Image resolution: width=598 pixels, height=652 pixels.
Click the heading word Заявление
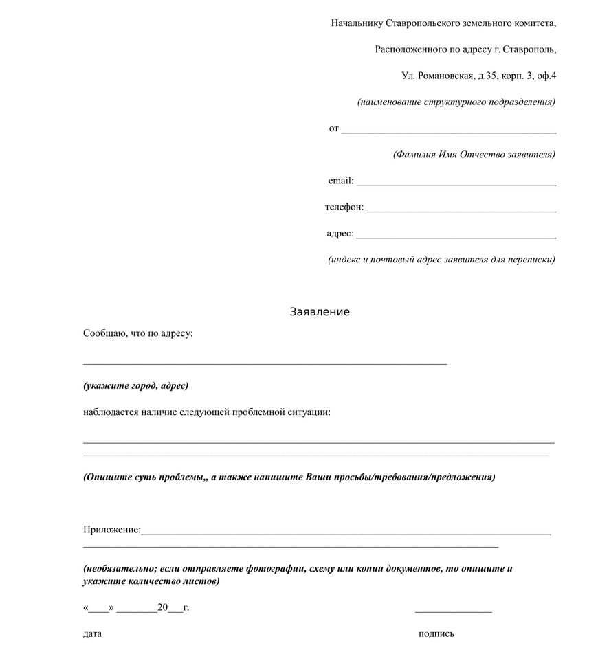pyautogui.click(x=319, y=312)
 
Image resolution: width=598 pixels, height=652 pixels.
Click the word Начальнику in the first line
pyautogui.click(x=357, y=23)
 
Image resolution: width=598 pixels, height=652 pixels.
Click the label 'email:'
pyautogui.click(x=341, y=181)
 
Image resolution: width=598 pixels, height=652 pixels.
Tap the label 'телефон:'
pyautogui.click(x=344, y=207)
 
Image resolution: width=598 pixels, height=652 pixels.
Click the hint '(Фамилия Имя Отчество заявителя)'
pyautogui.click(x=474, y=155)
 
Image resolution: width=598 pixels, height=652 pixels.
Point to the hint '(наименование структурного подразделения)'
pyautogui.click(x=456, y=102)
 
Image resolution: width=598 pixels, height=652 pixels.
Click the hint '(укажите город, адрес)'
pyautogui.click(x=135, y=386)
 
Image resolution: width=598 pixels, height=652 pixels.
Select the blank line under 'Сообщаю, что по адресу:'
pyautogui.click(x=265, y=362)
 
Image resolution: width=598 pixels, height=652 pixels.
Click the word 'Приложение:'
pyautogui.click(x=112, y=530)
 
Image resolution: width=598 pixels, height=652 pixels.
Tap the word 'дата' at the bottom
pyautogui.click(x=92, y=633)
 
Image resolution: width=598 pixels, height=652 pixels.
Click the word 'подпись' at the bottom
pyautogui.click(x=436, y=633)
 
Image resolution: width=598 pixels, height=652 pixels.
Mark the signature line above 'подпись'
pyautogui.click(x=453, y=611)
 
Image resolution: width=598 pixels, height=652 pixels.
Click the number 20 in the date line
pyautogui.click(x=163, y=607)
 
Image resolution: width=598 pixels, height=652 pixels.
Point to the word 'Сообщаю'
pyautogui.click(x=104, y=333)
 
